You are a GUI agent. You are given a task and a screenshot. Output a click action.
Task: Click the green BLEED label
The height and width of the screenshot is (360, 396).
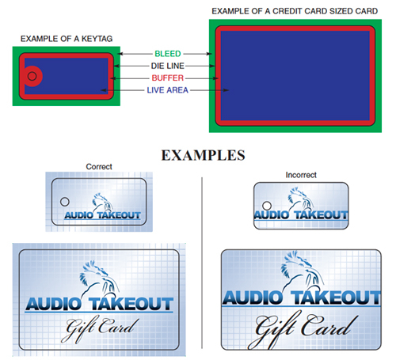(168, 54)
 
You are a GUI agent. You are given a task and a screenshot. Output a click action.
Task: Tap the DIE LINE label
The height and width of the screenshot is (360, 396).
(168, 66)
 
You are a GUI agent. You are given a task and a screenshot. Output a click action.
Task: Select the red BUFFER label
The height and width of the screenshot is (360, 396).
(168, 78)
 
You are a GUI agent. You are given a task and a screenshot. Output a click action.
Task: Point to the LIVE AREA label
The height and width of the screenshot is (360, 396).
(168, 90)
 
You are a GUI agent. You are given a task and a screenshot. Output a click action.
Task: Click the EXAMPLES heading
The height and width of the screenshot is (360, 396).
(204, 155)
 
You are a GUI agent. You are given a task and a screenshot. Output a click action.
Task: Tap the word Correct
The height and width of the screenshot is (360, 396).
(99, 167)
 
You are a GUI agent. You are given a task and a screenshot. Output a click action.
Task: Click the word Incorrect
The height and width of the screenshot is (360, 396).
(301, 175)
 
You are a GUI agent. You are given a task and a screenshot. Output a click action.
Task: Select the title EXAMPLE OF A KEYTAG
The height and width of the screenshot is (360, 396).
(67, 39)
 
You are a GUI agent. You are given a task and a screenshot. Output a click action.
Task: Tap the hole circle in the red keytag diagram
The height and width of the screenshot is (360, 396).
(32, 76)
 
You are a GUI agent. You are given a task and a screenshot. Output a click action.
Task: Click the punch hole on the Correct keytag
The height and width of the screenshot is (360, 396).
(65, 202)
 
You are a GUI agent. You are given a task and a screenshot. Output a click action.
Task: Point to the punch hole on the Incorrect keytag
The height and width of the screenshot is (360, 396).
(267, 206)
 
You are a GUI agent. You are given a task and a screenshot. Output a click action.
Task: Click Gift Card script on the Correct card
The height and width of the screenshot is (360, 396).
(100, 328)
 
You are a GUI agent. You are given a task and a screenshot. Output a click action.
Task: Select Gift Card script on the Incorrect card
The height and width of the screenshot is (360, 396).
(303, 328)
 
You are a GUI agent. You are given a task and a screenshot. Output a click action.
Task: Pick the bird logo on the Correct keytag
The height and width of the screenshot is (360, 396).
(102, 203)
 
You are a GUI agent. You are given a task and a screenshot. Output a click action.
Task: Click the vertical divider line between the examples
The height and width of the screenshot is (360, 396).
(202, 263)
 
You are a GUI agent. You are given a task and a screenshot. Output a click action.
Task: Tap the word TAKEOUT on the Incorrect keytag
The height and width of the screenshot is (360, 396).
(322, 215)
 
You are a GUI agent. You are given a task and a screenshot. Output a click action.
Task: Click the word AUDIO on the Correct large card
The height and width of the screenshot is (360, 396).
(54, 304)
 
